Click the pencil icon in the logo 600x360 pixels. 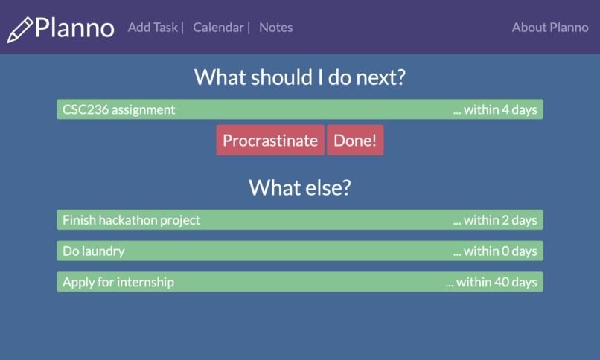(x=20, y=29)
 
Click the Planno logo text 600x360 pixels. (x=74, y=28)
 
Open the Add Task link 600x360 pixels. (x=153, y=28)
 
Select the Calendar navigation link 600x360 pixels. (x=218, y=28)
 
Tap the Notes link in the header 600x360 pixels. (x=275, y=28)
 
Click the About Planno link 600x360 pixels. (x=550, y=28)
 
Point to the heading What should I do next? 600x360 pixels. (x=299, y=77)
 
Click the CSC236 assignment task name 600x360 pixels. (x=118, y=109)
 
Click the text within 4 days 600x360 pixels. (x=495, y=109)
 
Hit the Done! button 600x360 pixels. (x=355, y=141)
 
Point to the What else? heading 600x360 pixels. (x=299, y=187)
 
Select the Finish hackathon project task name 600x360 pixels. (x=131, y=220)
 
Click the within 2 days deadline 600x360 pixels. (x=495, y=220)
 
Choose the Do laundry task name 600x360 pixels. (x=93, y=251)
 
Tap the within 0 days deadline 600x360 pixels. (x=495, y=251)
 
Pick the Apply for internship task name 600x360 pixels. (x=118, y=283)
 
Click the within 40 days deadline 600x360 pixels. (x=491, y=283)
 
